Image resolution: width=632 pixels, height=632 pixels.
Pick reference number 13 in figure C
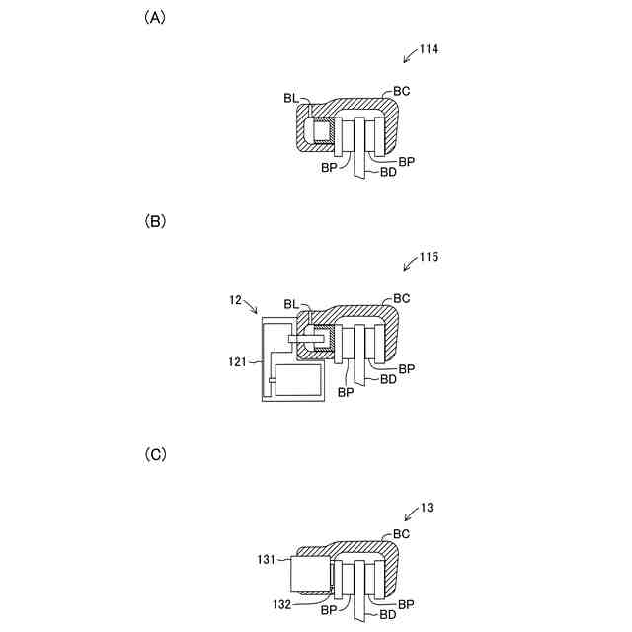pos(427,508)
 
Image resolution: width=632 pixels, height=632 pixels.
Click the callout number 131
pos(268,558)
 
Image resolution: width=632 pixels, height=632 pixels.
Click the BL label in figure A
pos(290,98)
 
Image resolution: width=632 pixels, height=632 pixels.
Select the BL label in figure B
pos(290,304)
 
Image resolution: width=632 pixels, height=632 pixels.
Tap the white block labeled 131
pos(310,576)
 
